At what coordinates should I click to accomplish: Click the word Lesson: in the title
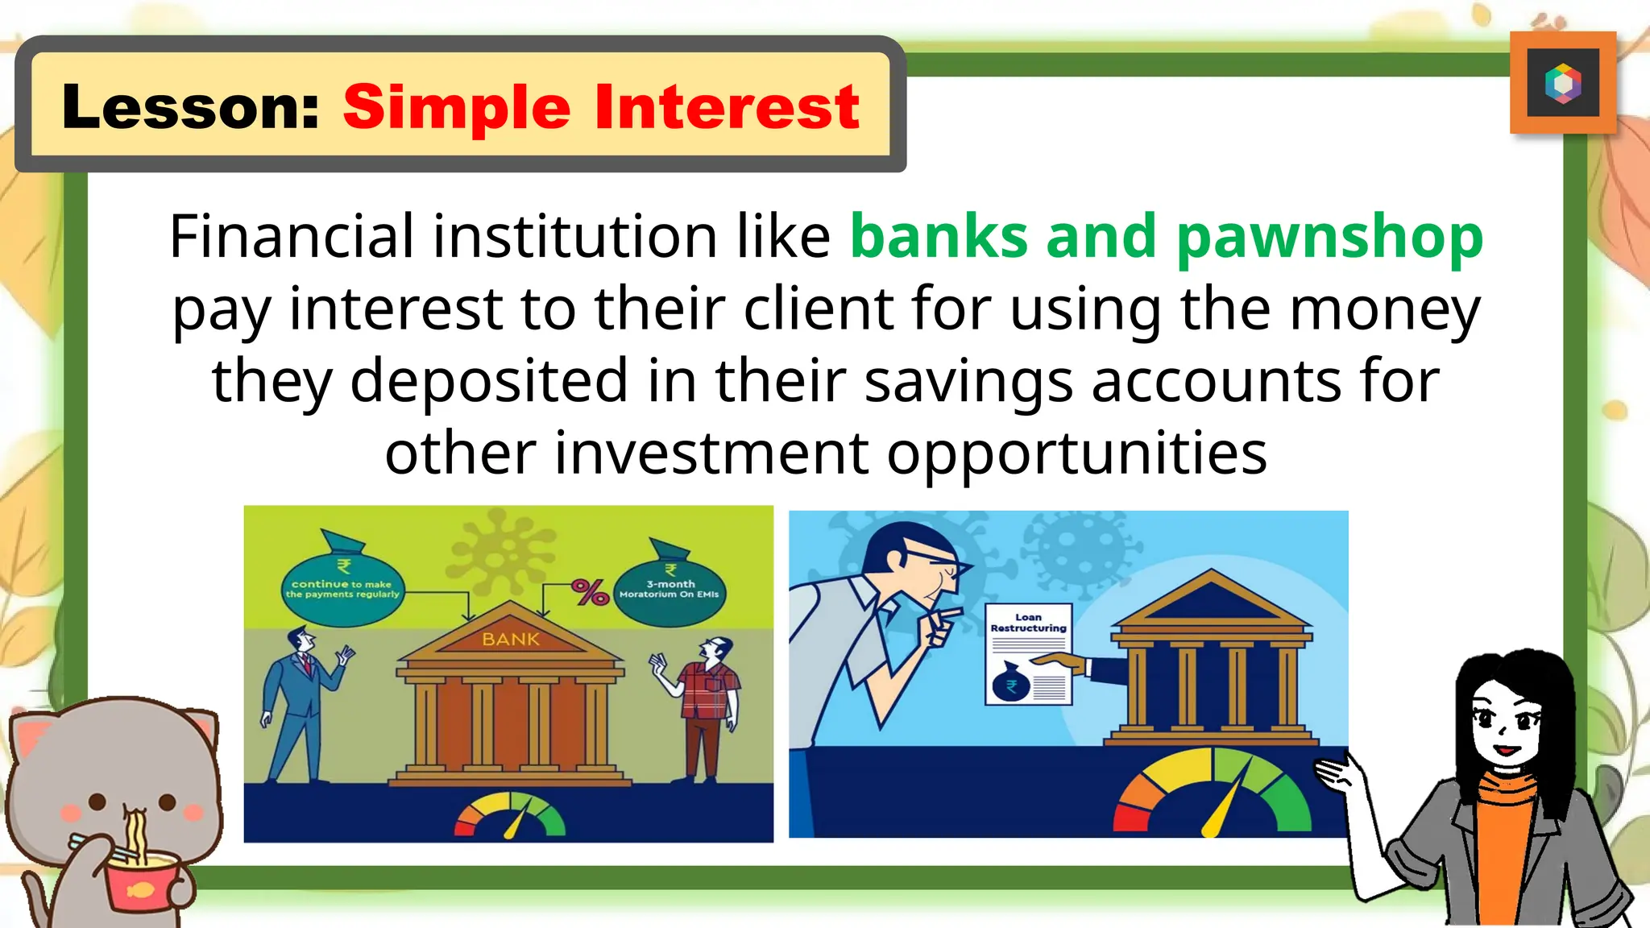point(190,108)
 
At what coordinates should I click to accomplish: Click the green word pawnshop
point(1329,238)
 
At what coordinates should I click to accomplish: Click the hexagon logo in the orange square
point(1562,83)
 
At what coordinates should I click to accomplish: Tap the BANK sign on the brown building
point(510,640)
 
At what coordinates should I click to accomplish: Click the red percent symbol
point(590,593)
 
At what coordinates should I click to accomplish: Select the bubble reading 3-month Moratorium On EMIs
point(669,590)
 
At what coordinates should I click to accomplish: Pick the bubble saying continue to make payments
point(342,590)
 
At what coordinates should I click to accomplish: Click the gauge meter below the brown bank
point(510,816)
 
